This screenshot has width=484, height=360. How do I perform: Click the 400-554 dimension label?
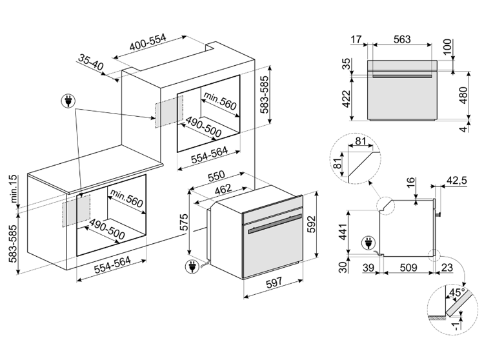pos(148,42)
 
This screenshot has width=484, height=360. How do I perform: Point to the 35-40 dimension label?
pos(91,62)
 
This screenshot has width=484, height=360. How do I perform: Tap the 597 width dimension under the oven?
pos(274,283)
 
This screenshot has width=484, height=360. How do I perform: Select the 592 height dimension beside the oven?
pos(312,224)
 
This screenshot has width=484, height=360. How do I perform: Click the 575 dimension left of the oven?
pos(183,222)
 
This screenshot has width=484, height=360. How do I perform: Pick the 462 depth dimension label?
pos(223,189)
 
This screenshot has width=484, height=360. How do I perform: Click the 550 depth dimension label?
pos(216,176)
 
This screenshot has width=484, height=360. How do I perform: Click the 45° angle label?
pos(456,292)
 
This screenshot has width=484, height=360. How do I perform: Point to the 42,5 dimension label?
pos(457,181)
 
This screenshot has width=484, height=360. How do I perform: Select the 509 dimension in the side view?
pos(408,268)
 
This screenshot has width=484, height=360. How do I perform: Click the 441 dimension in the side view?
pos(343,232)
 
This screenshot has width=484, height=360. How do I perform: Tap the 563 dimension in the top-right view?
pos(402,39)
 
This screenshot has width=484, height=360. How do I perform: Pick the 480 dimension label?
pos(463,95)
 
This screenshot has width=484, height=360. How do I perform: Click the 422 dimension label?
pos(347,99)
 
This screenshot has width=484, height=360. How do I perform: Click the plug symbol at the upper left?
pos(68,101)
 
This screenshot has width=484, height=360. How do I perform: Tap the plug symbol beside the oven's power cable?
pos(192,266)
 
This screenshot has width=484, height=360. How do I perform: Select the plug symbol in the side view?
pos(368,243)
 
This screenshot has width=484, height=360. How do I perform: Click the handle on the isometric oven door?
pos(275,224)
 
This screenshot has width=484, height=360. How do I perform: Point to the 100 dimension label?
pos(447,46)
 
